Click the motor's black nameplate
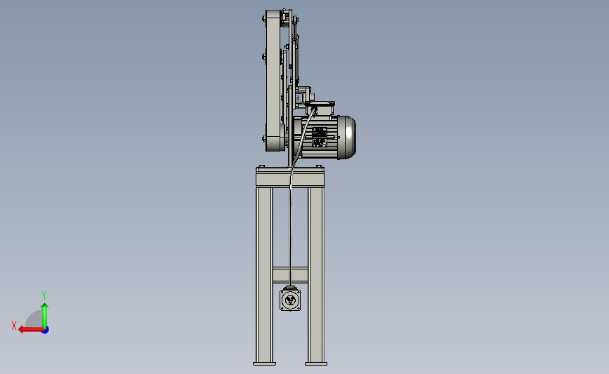320,137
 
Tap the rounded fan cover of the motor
347,137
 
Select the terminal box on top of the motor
320,108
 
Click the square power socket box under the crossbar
290,299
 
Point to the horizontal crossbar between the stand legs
290,274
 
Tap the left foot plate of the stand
265,363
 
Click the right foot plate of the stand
316,363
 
